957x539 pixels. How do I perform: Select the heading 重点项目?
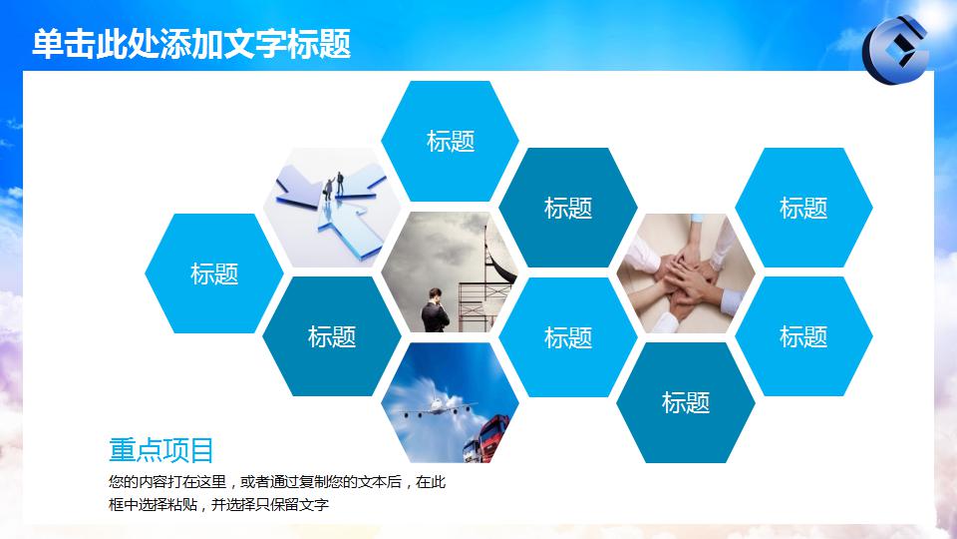(161, 450)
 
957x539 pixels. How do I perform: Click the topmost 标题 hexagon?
(451, 141)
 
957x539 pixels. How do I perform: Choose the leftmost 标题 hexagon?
(214, 273)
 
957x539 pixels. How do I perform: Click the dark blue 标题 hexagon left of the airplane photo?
(332, 337)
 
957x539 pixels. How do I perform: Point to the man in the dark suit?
(436, 310)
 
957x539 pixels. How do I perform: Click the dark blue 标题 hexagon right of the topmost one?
(568, 208)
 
